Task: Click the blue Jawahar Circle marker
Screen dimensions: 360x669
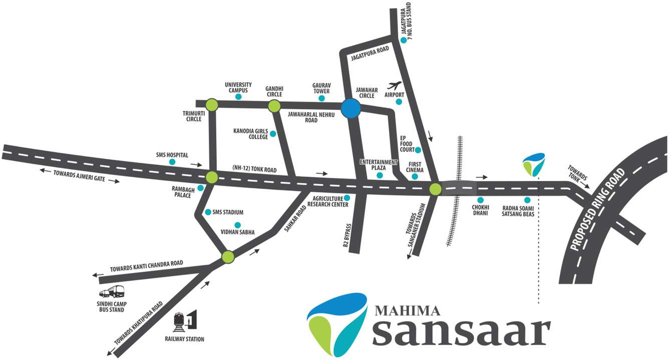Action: click(351, 109)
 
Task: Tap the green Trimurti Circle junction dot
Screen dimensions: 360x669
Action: click(212, 105)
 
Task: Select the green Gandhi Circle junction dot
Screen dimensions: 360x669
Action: click(274, 106)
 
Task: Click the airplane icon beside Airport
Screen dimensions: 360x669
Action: click(395, 86)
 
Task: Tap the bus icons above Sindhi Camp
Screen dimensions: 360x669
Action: click(112, 292)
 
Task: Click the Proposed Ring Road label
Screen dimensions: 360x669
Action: click(599, 210)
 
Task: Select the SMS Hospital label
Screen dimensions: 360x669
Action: click(172, 155)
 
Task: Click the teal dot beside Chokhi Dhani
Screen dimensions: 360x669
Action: click(480, 200)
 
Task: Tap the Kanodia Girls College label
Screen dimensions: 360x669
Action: click(251, 134)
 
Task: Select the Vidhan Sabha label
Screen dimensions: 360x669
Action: click(238, 232)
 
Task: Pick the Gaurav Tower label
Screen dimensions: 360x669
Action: click(321, 88)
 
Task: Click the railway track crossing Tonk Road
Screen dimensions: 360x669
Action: click(457, 190)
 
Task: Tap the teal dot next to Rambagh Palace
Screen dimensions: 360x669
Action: click(201, 188)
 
